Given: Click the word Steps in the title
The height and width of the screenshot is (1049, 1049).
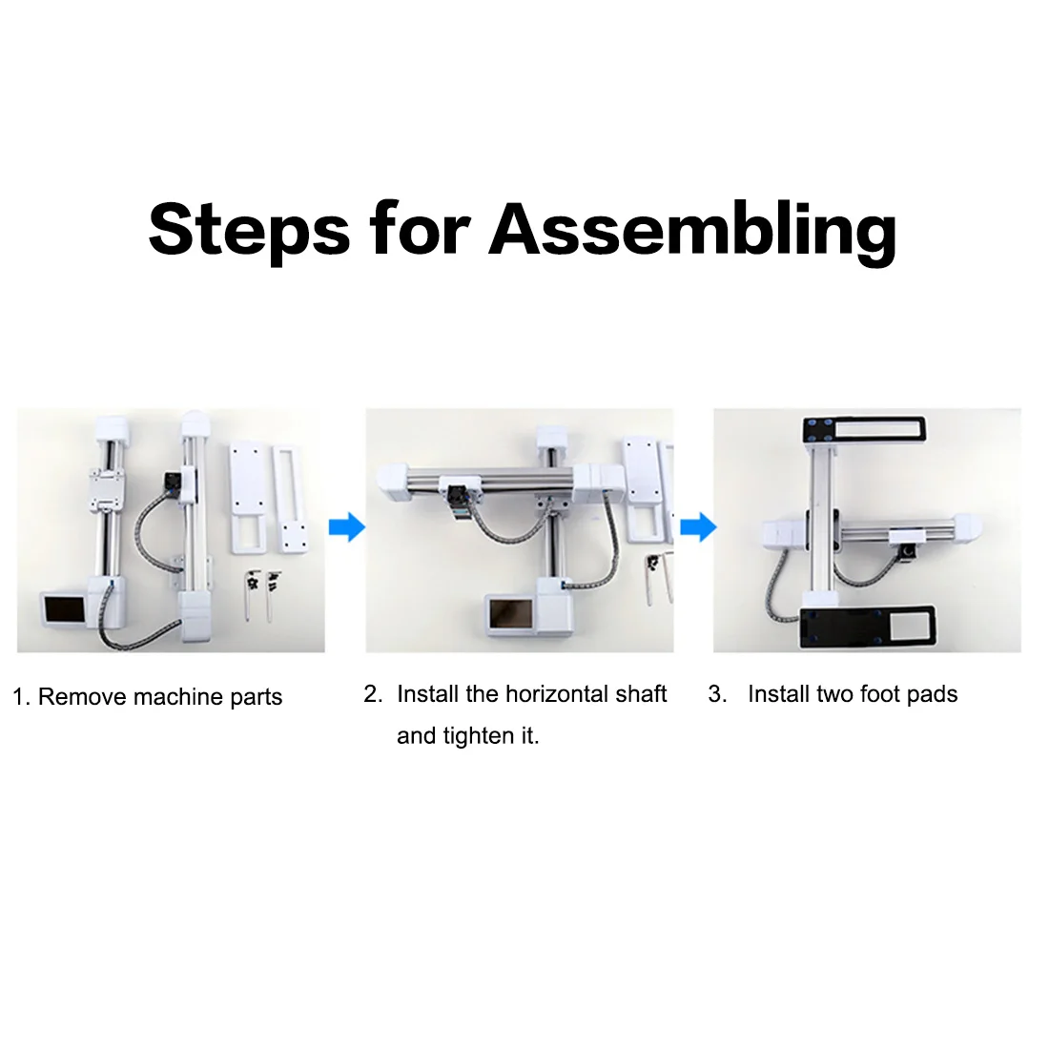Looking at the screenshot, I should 249,229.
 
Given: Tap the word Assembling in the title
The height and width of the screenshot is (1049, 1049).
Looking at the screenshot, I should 693,229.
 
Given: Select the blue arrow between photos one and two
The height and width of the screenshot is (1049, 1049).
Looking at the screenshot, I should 347,526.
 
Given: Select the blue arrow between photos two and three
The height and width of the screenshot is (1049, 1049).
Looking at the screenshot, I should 698,526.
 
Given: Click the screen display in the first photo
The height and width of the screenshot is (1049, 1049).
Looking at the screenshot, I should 64,608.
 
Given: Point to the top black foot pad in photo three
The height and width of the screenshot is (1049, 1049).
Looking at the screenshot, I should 864,430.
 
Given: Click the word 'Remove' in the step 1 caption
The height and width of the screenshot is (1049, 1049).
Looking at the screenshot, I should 83,697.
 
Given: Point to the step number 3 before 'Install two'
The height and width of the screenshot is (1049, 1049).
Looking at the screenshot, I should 715,694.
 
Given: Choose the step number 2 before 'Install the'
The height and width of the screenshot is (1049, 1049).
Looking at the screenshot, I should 372,694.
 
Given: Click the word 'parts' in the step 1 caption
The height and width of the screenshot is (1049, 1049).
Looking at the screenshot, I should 257,697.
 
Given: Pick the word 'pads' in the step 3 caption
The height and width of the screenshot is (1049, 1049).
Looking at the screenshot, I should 933,694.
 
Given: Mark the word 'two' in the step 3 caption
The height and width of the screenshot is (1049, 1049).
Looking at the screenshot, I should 835,694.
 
